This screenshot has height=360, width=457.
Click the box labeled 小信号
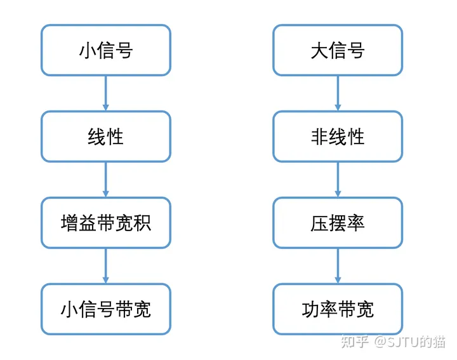point(106,50)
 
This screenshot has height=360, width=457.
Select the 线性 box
point(106,137)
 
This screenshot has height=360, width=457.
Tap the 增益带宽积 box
point(106,223)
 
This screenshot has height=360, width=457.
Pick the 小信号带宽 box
point(106,309)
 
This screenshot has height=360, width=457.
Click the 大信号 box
point(338,50)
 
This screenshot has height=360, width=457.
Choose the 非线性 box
point(338,137)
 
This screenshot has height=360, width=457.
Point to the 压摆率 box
point(338,223)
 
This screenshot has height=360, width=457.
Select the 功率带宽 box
point(338,309)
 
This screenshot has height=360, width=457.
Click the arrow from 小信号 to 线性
point(106,93)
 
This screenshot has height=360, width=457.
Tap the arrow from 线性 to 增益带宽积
point(106,180)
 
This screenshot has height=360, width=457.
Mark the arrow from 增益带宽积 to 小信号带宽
point(106,266)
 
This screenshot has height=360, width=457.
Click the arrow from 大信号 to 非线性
point(338,93)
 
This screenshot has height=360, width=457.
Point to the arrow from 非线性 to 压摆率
point(338,180)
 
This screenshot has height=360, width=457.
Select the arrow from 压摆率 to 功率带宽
point(338,266)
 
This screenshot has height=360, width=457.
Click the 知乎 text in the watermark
point(355,342)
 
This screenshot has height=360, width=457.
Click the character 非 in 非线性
point(320,137)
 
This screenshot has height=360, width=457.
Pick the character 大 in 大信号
point(320,50)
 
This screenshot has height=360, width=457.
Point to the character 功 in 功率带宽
point(310,309)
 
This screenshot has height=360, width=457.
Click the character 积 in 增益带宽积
point(142,223)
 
